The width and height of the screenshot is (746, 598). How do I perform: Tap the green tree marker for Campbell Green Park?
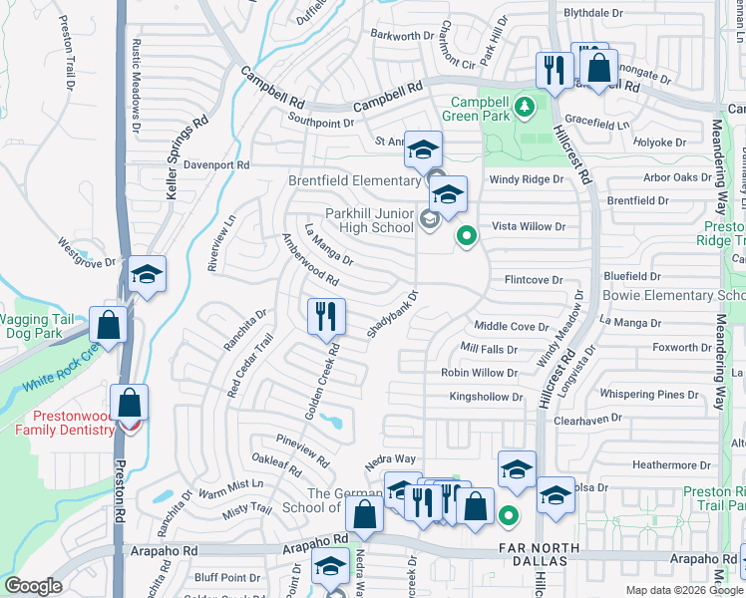(x=526, y=108)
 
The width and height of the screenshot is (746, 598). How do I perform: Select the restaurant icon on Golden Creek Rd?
(x=326, y=317)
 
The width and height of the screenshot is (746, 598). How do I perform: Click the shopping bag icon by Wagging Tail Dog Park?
(x=108, y=325)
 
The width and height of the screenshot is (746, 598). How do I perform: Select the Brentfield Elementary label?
(x=354, y=180)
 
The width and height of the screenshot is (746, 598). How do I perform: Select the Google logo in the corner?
(x=33, y=586)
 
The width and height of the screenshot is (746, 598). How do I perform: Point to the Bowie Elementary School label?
(x=674, y=296)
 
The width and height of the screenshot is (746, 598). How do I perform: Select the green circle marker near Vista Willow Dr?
(x=465, y=236)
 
